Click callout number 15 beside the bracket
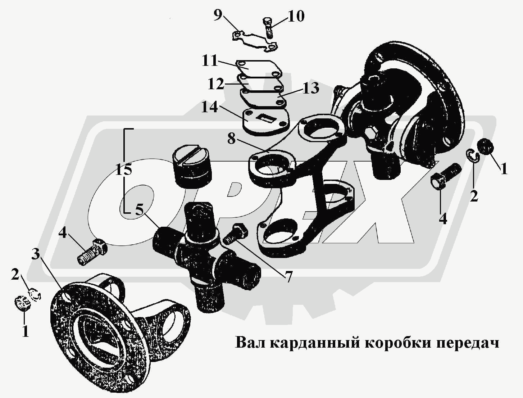pyautogui.click(x=123, y=170)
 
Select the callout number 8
pyautogui.click(x=231, y=139)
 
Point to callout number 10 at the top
pyautogui.click(x=296, y=17)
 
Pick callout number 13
pyautogui.click(x=311, y=88)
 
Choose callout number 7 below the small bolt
pyautogui.click(x=288, y=277)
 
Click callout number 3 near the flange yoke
pyautogui.click(x=36, y=254)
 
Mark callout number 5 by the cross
pyautogui.click(x=140, y=210)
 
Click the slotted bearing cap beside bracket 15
pyautogui.click(x=192, y=165)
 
